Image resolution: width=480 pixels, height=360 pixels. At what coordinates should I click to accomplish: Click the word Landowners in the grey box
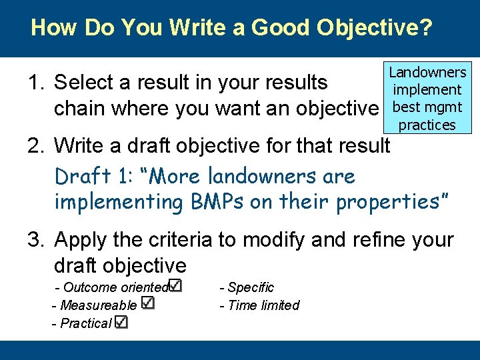pos(427,72)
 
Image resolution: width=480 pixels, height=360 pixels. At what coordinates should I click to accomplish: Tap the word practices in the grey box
pos(427,125)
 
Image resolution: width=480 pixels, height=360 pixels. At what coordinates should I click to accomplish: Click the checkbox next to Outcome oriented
pos(175,285)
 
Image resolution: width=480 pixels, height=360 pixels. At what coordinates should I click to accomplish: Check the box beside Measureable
pos(148,303)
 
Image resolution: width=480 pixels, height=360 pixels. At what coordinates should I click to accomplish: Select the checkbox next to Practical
pos(121,322)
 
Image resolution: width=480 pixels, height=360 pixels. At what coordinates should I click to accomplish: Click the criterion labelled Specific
pos(251,287)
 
